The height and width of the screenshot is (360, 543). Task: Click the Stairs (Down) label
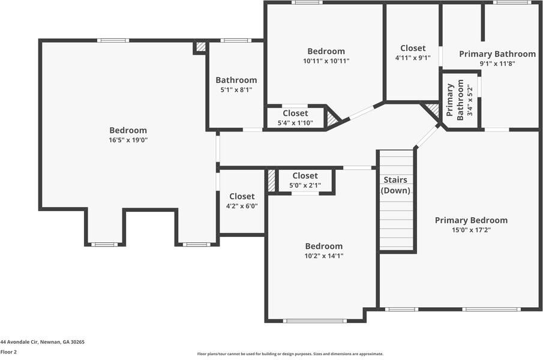395,185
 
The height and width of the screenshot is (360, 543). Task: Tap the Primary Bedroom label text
471,220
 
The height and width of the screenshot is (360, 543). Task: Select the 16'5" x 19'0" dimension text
128,140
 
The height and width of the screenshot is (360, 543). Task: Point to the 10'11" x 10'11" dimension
326,61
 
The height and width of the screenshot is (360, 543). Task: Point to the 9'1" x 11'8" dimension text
497,64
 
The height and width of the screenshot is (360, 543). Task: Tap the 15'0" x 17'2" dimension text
471,230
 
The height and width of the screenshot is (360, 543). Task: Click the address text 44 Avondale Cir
42,342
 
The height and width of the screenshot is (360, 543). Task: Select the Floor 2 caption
8,352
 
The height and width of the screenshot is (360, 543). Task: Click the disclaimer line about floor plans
290,354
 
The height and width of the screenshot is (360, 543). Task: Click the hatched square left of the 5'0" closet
271,180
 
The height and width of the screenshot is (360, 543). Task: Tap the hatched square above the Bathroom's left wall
201,46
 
